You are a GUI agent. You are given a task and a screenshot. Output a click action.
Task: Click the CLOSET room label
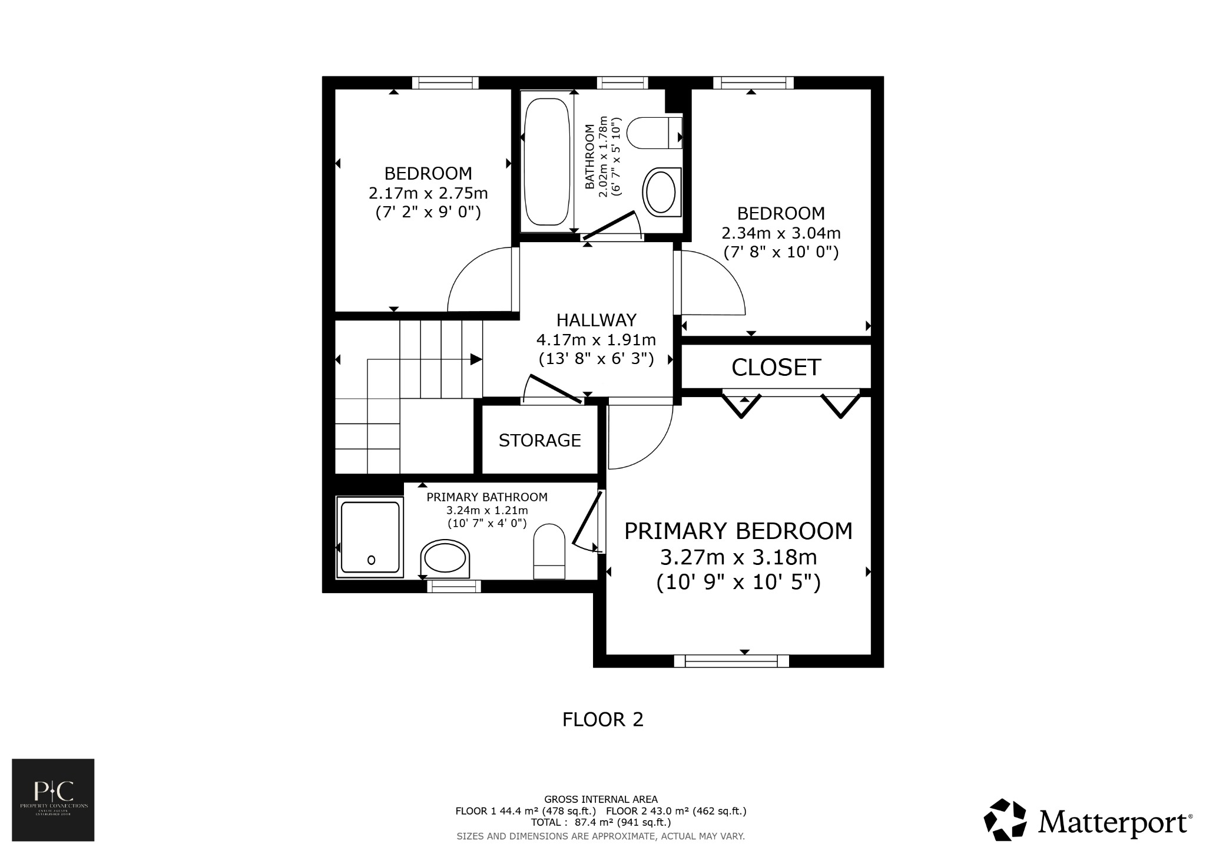(x=776, y=368)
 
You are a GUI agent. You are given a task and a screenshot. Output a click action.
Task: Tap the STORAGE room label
(x=539, y=441)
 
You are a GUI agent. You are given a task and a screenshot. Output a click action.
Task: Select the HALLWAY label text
(x=596, y=320)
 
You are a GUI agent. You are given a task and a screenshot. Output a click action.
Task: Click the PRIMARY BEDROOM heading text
(x=738, y=531)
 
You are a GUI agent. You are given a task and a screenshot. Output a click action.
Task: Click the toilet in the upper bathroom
(x=654, y=133)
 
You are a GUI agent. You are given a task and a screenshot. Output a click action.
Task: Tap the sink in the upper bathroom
(x=662, y=192)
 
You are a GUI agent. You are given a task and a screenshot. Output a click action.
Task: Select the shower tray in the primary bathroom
(x=370, y=537)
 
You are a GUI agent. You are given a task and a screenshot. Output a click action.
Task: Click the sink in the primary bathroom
(x=446, y=558)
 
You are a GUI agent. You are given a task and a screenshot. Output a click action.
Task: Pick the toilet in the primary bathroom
(x=549, y=550)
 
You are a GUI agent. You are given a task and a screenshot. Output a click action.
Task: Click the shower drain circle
(x=371, y=560)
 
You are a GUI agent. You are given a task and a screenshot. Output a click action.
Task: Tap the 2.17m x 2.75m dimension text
(x=428, y=193)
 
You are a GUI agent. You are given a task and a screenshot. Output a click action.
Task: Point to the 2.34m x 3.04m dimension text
(x=781, y=233)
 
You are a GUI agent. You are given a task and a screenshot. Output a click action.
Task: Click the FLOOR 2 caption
(x=602, y=720)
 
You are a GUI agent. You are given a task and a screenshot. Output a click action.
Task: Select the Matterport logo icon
(x=1006, y=819)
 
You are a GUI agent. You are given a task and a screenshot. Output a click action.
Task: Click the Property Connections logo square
(x=53, y=799)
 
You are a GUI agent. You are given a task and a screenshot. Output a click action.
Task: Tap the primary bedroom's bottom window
(x=731, y=661)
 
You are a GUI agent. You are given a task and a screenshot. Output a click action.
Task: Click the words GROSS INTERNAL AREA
(x=601, y=799)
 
